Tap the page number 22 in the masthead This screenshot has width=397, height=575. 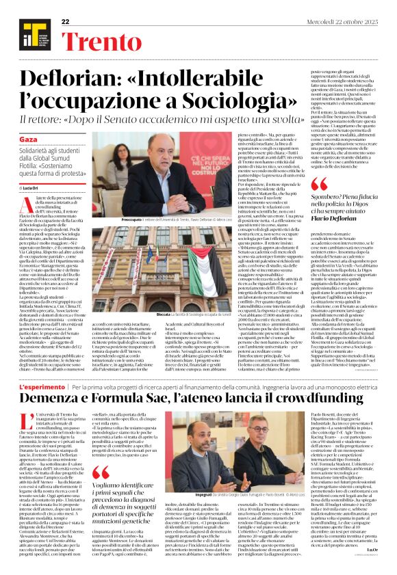[66, 22]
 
